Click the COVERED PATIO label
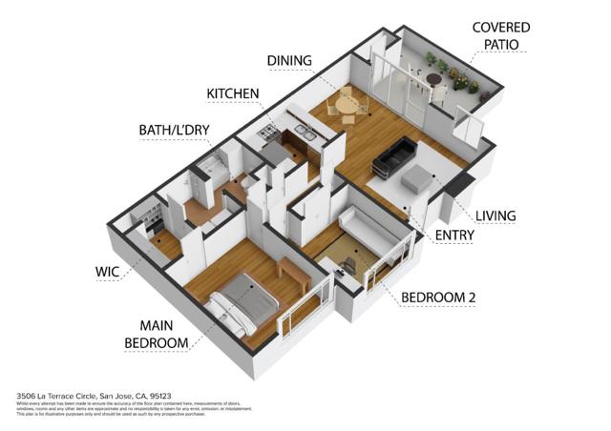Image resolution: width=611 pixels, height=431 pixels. tap(501, 36)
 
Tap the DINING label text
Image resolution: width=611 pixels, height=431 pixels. tap(288, 61)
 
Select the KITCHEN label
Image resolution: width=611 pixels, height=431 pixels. tap(233, 93)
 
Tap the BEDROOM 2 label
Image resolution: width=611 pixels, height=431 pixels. tap(439, 298)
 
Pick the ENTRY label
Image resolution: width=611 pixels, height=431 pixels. tap(454, 236)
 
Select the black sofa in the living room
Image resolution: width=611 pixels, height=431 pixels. tap(393, 154)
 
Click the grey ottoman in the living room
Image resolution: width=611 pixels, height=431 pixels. tap(417, 177)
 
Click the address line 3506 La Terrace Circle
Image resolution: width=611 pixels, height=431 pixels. tap(95, 394)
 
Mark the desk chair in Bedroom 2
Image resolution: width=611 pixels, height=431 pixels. tap(354, 260)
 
